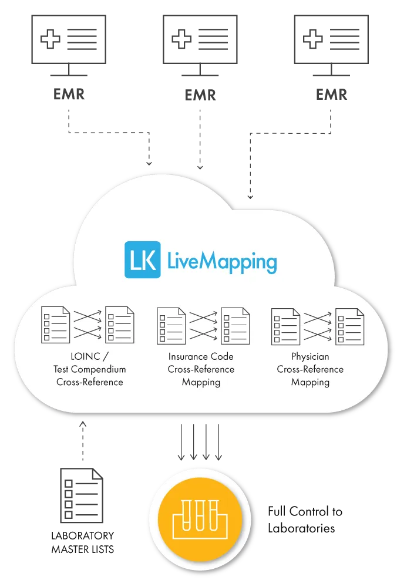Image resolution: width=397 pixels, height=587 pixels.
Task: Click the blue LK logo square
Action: [142, 259]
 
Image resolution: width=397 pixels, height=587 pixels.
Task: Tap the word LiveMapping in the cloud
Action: [222, 261]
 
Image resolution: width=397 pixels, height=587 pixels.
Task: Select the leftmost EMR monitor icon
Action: [69, 45]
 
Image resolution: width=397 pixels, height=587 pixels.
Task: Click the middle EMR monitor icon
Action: [200, 45]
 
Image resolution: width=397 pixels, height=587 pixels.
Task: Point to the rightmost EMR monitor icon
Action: [331, 45]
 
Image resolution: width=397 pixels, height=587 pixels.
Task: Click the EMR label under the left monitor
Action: [69, 94]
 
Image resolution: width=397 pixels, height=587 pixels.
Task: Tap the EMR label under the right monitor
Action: [331, 95]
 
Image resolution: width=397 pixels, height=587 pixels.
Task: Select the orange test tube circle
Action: [200, 518]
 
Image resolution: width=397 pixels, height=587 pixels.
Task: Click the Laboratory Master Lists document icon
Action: [82, 495]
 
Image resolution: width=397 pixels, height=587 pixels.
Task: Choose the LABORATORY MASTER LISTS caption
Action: [82, 542]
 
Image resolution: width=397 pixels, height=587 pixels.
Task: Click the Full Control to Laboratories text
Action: [305, 519]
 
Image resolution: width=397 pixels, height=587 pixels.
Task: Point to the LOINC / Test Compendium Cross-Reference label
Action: [89, 369]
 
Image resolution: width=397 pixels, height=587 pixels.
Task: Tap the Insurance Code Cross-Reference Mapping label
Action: [201, 369]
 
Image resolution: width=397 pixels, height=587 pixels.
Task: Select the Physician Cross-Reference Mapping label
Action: [310, 369]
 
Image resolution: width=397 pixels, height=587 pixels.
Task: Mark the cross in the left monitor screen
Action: [50, 39]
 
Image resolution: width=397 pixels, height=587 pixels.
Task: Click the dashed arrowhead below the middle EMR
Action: [200, 167]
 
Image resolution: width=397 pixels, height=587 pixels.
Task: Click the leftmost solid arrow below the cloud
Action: [181, 442]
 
